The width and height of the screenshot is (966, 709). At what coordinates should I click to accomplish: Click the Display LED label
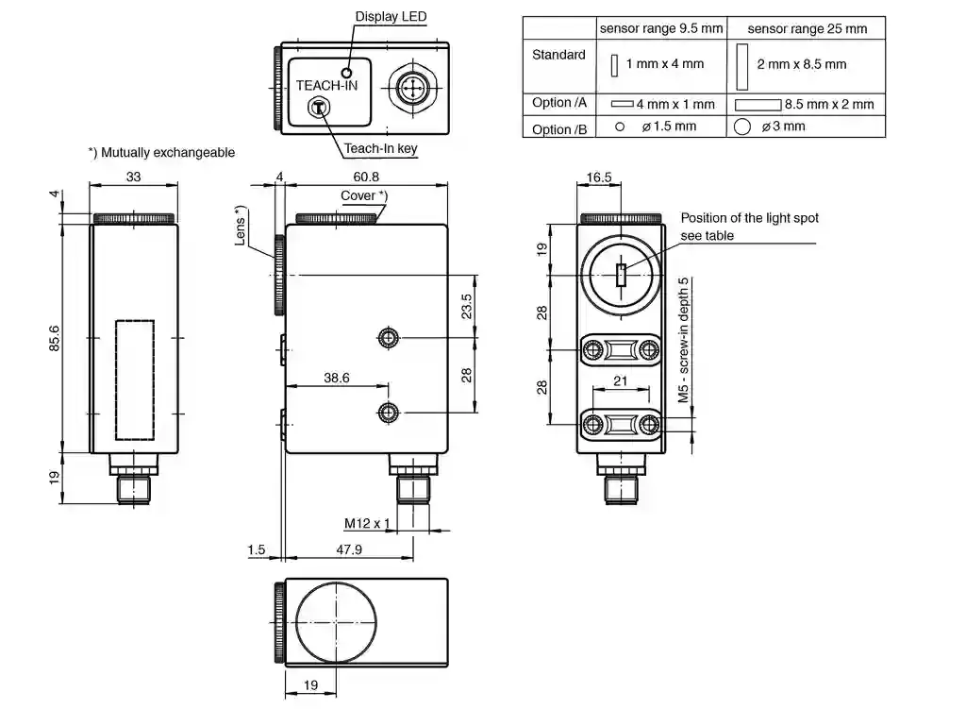(x=391, y=17)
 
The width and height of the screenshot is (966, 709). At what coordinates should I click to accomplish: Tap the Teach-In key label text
(x=380, y=148)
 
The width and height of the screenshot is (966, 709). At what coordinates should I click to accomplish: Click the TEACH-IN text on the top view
(x=326, y=85)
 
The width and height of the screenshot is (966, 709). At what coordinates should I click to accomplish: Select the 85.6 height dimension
(x=54, y=339)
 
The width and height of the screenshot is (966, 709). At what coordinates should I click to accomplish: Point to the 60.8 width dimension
(x=367, y=177)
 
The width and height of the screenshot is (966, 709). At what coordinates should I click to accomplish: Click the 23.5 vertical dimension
(x=467, y=306)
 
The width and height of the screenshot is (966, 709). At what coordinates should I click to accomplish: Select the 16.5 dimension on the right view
(x=599, y=177)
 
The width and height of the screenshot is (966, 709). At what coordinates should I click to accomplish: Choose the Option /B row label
(x=559, y=129)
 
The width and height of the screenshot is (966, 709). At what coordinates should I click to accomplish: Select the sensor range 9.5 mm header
(x=661, y=28)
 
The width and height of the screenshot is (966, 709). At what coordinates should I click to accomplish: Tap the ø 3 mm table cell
(x=783, y=127)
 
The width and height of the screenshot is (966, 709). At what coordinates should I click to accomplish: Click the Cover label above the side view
(x=363, y=195)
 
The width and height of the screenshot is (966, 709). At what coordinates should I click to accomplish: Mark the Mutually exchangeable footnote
(x=161, y=152)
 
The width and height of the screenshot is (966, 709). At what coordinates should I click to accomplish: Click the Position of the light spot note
(x=749, y=227)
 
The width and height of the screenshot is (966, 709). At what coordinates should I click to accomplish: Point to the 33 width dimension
(x=133, y=177)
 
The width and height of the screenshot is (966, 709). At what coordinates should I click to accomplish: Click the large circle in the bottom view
(x=336, y=623)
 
